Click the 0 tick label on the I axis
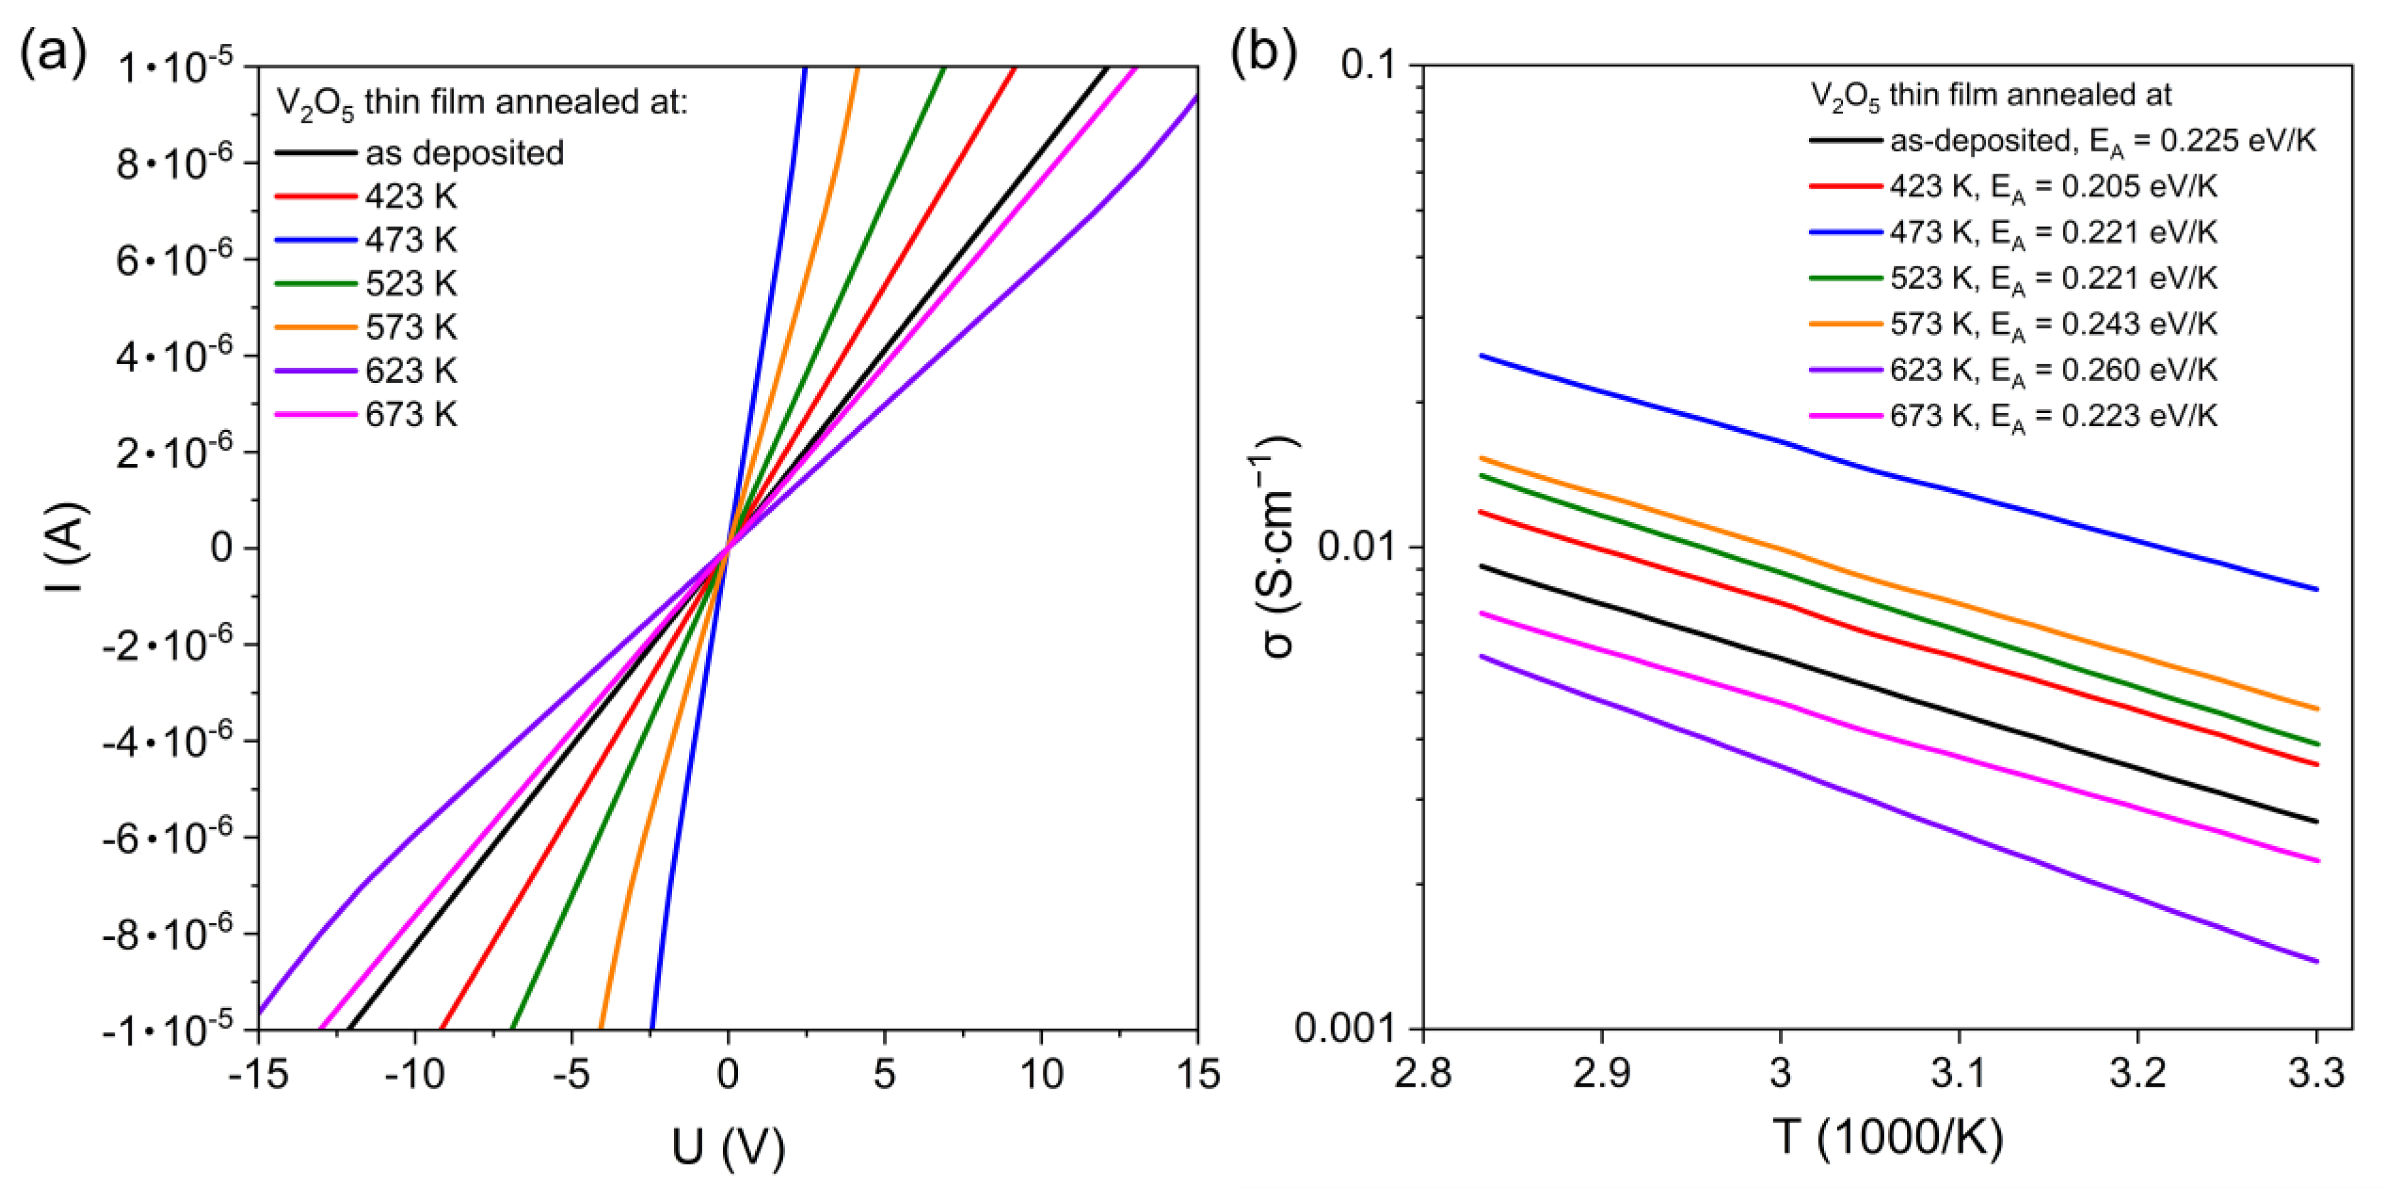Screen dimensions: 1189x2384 click(x=221, y=548)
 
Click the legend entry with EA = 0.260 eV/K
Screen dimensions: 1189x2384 click(x=2053, y=370)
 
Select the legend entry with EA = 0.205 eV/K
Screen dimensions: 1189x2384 click(x=2053, y=187)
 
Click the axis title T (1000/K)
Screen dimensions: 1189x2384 click(x=1888, y=1137)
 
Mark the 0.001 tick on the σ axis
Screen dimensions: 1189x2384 click(x=1346, y=1028)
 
